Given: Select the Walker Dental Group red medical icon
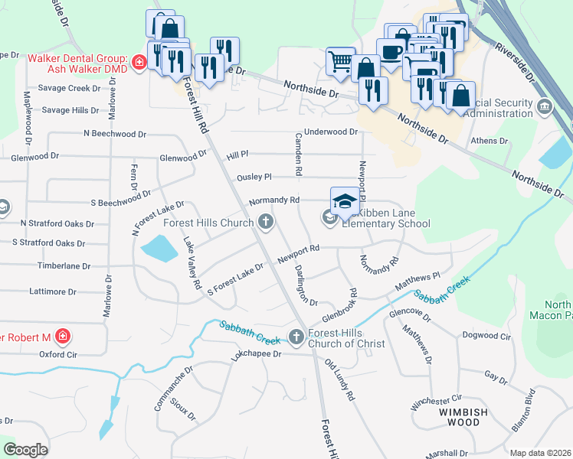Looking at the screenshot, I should (x=139, y=63).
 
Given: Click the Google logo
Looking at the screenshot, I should (x=25, y=450).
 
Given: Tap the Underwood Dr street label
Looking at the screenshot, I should (x=331, y=132).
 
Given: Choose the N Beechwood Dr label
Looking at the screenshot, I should (x=115, y=134).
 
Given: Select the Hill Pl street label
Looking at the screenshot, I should (x=237, y=155).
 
